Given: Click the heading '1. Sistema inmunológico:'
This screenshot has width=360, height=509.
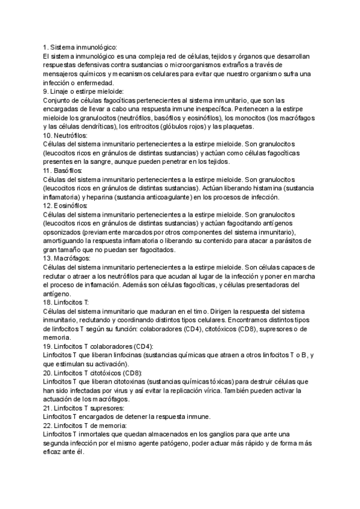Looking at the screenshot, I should (x=80, y=47).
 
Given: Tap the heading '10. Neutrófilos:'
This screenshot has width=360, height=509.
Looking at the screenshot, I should (x=65, y=136).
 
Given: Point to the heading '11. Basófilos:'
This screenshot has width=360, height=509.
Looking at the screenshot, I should (x=63, y=171).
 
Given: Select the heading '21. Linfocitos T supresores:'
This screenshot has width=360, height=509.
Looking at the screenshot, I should (x=84, y=407).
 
